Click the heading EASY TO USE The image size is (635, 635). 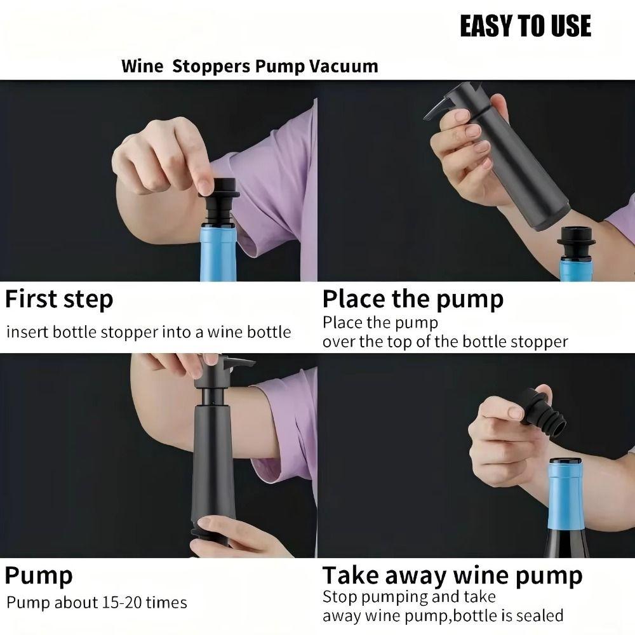pyautogui.click(x=525, y=26)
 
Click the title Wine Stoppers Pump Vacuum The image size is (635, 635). pyautogui.click(x=250, y=66)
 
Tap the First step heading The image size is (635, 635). pyautogui.click(x=60, y=298)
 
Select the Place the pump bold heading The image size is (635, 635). pyautogui.click(x=413, y=298)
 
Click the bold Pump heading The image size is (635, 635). pyautogui.click(x=39, y=576)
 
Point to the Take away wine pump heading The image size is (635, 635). pyautogui.click(x=452, y=575)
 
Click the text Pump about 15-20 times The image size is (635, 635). pyautogui.click(x=97, y=603)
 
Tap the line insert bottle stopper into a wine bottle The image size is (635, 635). pyautogui.click(x=149, y=332)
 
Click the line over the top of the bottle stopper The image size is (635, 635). pyautogui.click(x=444, y=342)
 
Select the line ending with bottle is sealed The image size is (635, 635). pyautogui.click(x=443, y=615)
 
